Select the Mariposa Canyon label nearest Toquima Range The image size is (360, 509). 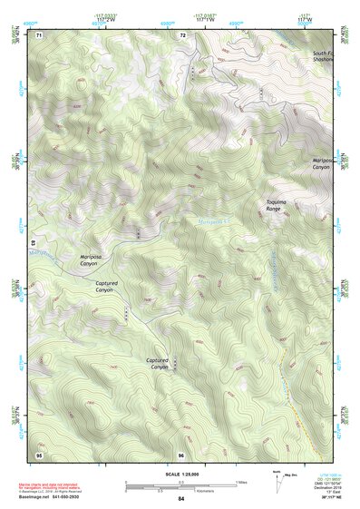[321, 163]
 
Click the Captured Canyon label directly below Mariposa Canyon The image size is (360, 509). [106, 286]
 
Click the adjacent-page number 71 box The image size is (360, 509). [39, 34]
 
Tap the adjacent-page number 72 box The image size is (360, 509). [182, 34]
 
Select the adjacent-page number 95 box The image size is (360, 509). [39, 453]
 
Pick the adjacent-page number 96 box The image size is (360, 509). [181, 453]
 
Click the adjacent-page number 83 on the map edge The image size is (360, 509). [33, 243]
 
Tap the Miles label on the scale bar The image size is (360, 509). [241, 481]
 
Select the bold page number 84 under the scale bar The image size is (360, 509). [180, 499]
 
